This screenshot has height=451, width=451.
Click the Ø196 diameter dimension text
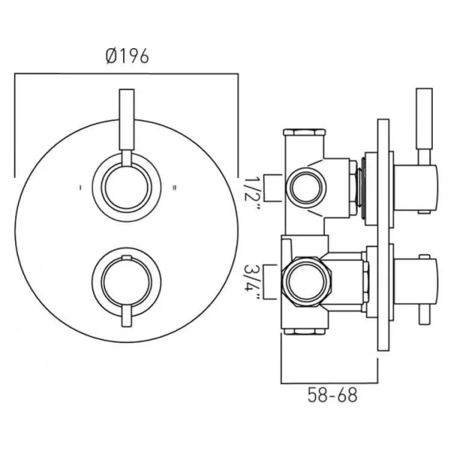tap(127, 56)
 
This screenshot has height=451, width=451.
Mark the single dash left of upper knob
tap(80, 186)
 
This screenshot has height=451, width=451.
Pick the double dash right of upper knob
tap(174, 186)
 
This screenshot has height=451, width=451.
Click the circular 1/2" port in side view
tap(305, 183)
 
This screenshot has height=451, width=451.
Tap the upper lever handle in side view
tap(424, 120)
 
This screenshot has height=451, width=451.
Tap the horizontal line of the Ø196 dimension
tap(127, 74)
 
